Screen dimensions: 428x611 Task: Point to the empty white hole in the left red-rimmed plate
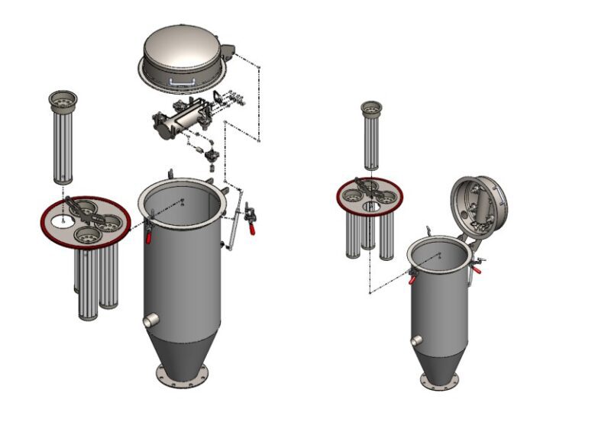coord(62,220)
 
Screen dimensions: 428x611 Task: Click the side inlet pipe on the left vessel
coord(150,321)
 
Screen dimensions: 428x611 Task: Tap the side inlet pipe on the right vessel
coord(416,341)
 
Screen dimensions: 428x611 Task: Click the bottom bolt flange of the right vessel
coord(440,381)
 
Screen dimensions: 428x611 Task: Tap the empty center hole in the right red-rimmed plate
coord(371,207)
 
